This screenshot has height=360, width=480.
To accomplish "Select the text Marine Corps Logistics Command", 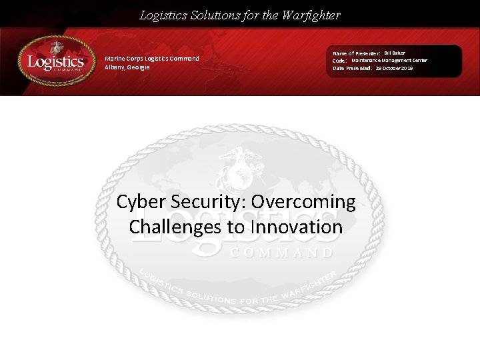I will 152,59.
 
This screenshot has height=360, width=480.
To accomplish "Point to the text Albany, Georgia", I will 127,67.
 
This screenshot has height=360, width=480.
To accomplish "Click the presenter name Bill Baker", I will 394,53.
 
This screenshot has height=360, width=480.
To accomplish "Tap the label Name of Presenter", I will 357,53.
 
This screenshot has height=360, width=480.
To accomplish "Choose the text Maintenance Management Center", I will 389,60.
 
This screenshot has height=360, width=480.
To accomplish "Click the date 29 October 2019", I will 394,68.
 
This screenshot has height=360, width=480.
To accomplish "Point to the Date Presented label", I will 353,68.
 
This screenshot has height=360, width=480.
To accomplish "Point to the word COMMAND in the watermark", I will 281,253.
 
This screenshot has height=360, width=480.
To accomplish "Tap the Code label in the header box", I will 339,61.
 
